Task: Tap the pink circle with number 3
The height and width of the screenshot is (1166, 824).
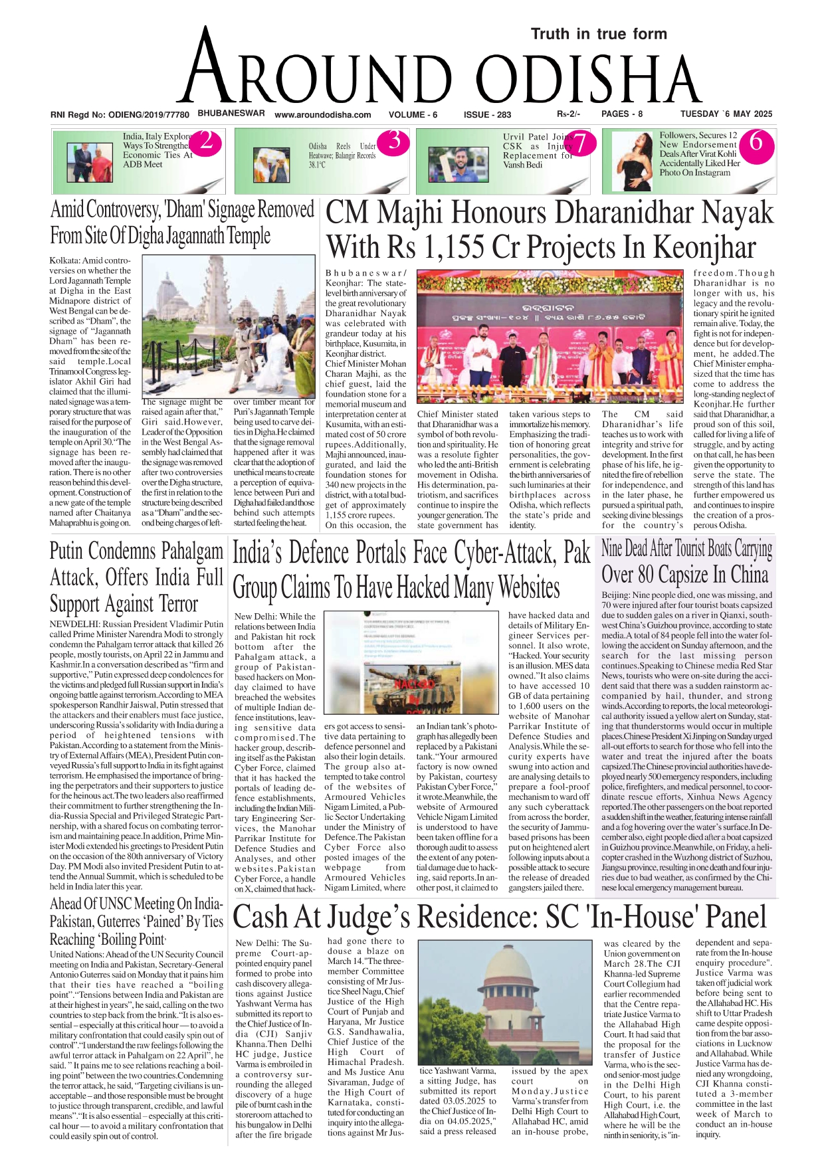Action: (394, 142)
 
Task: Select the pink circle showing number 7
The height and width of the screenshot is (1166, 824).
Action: (579, 144)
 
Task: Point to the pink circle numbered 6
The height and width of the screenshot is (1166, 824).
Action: (756, 142)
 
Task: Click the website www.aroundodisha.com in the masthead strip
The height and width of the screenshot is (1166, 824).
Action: (322, 115)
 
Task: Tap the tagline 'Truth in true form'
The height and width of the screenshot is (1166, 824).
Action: (599, 34)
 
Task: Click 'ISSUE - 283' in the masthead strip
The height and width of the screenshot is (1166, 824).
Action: (487, 115)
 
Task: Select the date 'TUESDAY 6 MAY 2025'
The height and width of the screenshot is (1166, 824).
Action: (726, 114)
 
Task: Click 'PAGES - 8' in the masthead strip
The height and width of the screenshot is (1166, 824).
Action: (622, 114)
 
